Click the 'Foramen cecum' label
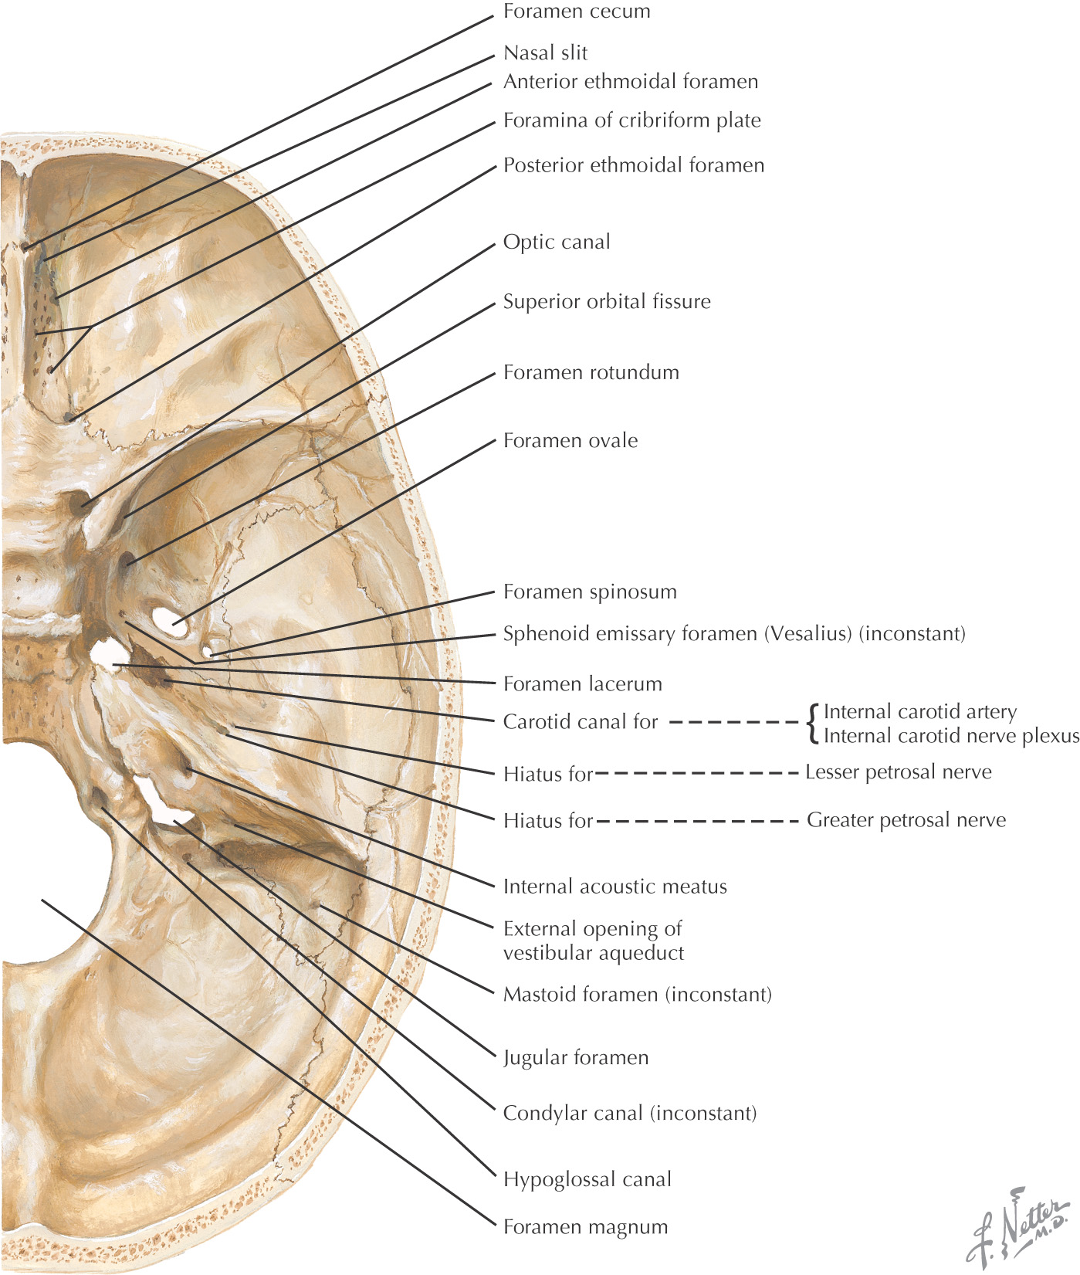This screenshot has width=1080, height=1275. (576, 12)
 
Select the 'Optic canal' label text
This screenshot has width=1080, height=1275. (556, 242)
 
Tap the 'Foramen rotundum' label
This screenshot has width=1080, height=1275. (591, 372)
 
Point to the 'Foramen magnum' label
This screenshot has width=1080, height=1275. (585, 1227)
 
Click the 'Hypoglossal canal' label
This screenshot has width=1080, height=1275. (587, 1179)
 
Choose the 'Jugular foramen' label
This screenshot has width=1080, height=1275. (575, 1057)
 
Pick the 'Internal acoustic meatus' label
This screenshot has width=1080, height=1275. (614, 887)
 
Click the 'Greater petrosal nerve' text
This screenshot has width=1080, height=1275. (906, 820)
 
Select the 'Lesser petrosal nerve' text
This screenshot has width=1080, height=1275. (898, 772)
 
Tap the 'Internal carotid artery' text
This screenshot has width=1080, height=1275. (919, 711)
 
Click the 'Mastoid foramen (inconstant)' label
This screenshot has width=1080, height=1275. (637, 994)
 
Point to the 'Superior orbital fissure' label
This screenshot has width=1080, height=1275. (607, 301)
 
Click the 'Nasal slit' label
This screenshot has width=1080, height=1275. (545, 53)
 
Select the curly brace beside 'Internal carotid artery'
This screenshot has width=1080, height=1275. (812, 724)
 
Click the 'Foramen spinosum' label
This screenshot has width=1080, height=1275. (589, 592)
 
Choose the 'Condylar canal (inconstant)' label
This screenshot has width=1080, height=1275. (629, 1113)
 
